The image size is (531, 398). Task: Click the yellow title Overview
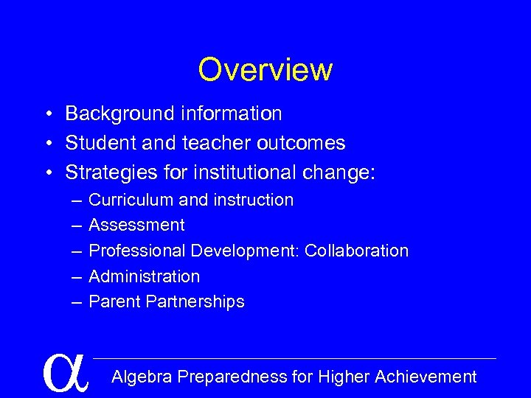(265, 70)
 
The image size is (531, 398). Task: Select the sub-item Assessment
(136, 225)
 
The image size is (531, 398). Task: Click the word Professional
(137, 251)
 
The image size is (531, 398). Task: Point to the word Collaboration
(356, 251)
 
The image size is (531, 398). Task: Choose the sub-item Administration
(144, 276)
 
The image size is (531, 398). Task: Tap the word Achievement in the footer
(426, 377)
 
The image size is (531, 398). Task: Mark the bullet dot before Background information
(46, 114)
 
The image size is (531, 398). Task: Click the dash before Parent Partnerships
(77, 301)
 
